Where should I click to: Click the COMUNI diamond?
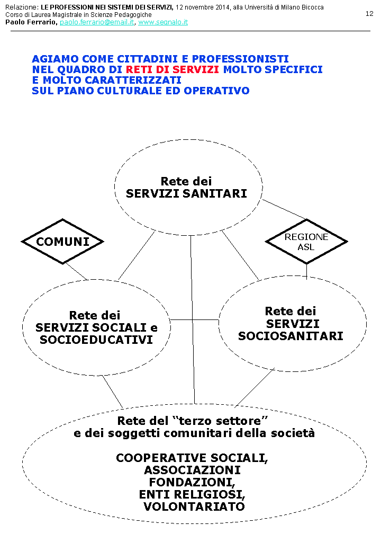click(62, 242)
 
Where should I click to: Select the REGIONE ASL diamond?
click(306, 242)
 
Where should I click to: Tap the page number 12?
click(369, 14)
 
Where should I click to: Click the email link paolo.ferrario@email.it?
click(97, 23)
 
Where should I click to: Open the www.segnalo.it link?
click(163, 23)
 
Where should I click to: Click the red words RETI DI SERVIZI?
click(173, 69)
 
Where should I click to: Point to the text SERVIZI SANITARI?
click(186, 194)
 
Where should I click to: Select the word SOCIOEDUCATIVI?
click(96, 340)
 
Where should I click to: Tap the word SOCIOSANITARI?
click(291, 336)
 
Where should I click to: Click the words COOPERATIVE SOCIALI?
click(192, 458)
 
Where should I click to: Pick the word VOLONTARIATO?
click(194, 506)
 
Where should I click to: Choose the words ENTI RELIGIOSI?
click(192, 494)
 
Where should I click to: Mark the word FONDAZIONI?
click(192, 482)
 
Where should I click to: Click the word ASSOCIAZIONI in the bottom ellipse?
click(192, 470)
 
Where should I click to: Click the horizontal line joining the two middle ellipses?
click(194, 319)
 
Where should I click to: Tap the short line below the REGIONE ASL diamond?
click(306, 270)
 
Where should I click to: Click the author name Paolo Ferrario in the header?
click(30, 23)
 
